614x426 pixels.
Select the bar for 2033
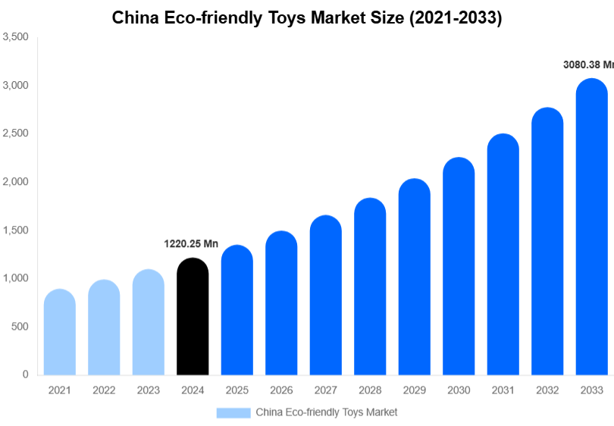click(591, 227)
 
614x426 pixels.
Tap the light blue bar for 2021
click(60, 333)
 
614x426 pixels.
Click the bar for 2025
click(237, 310)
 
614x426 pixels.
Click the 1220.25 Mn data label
click(191, 244)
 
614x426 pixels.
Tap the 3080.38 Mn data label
click(587, 65)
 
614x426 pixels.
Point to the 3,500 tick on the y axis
click(15, 36)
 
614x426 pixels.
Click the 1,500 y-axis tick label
click(15, 230)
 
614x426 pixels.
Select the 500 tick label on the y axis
click(20, 327)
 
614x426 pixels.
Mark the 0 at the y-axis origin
click(26, 374)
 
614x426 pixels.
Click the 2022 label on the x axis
click(104, 390)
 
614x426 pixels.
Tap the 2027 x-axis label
click(325, 390)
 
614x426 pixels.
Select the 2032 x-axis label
click(547, 390)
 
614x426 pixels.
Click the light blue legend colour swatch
click(233, 412)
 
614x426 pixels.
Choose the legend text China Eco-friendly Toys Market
click(326, 412)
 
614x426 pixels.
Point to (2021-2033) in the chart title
click(455, 18)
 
